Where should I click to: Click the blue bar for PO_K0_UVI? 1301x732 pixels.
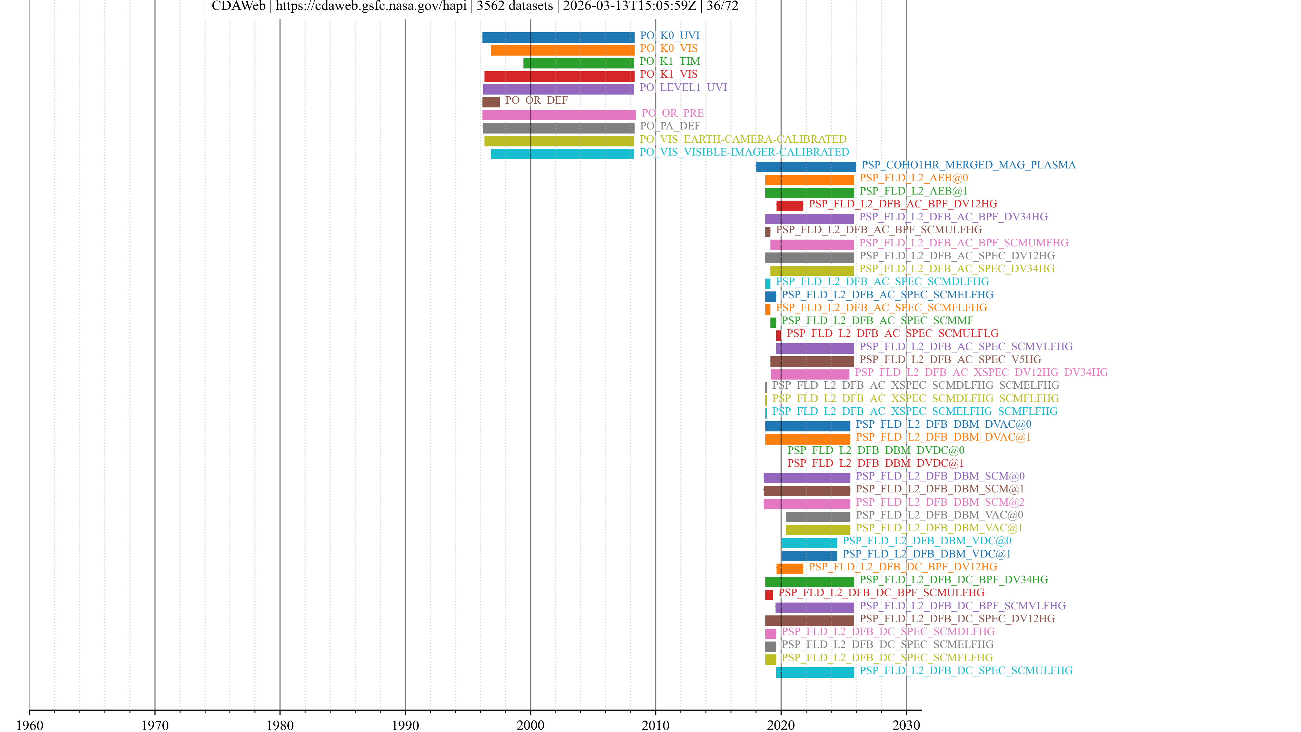558,37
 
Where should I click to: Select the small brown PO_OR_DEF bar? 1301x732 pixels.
491,102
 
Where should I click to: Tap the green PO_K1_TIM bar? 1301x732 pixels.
579,63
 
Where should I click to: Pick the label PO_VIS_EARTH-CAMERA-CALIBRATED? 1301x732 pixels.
743,139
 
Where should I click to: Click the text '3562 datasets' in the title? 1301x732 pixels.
515,6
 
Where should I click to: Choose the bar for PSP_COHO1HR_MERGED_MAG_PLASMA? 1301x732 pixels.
806,167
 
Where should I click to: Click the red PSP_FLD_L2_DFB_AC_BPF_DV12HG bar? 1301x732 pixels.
790,206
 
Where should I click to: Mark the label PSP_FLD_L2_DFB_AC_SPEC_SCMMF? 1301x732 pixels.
877,320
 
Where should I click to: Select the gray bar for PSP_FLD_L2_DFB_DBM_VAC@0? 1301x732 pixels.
818,517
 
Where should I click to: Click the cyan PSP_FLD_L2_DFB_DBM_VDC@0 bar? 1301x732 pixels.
809,543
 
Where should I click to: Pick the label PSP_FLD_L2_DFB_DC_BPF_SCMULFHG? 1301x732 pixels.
881,593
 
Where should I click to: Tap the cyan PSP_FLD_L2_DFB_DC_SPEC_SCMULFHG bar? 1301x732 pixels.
814,672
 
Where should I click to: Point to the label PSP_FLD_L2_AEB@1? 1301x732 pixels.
913,191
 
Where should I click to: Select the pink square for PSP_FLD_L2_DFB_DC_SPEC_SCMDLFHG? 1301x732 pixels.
770,633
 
